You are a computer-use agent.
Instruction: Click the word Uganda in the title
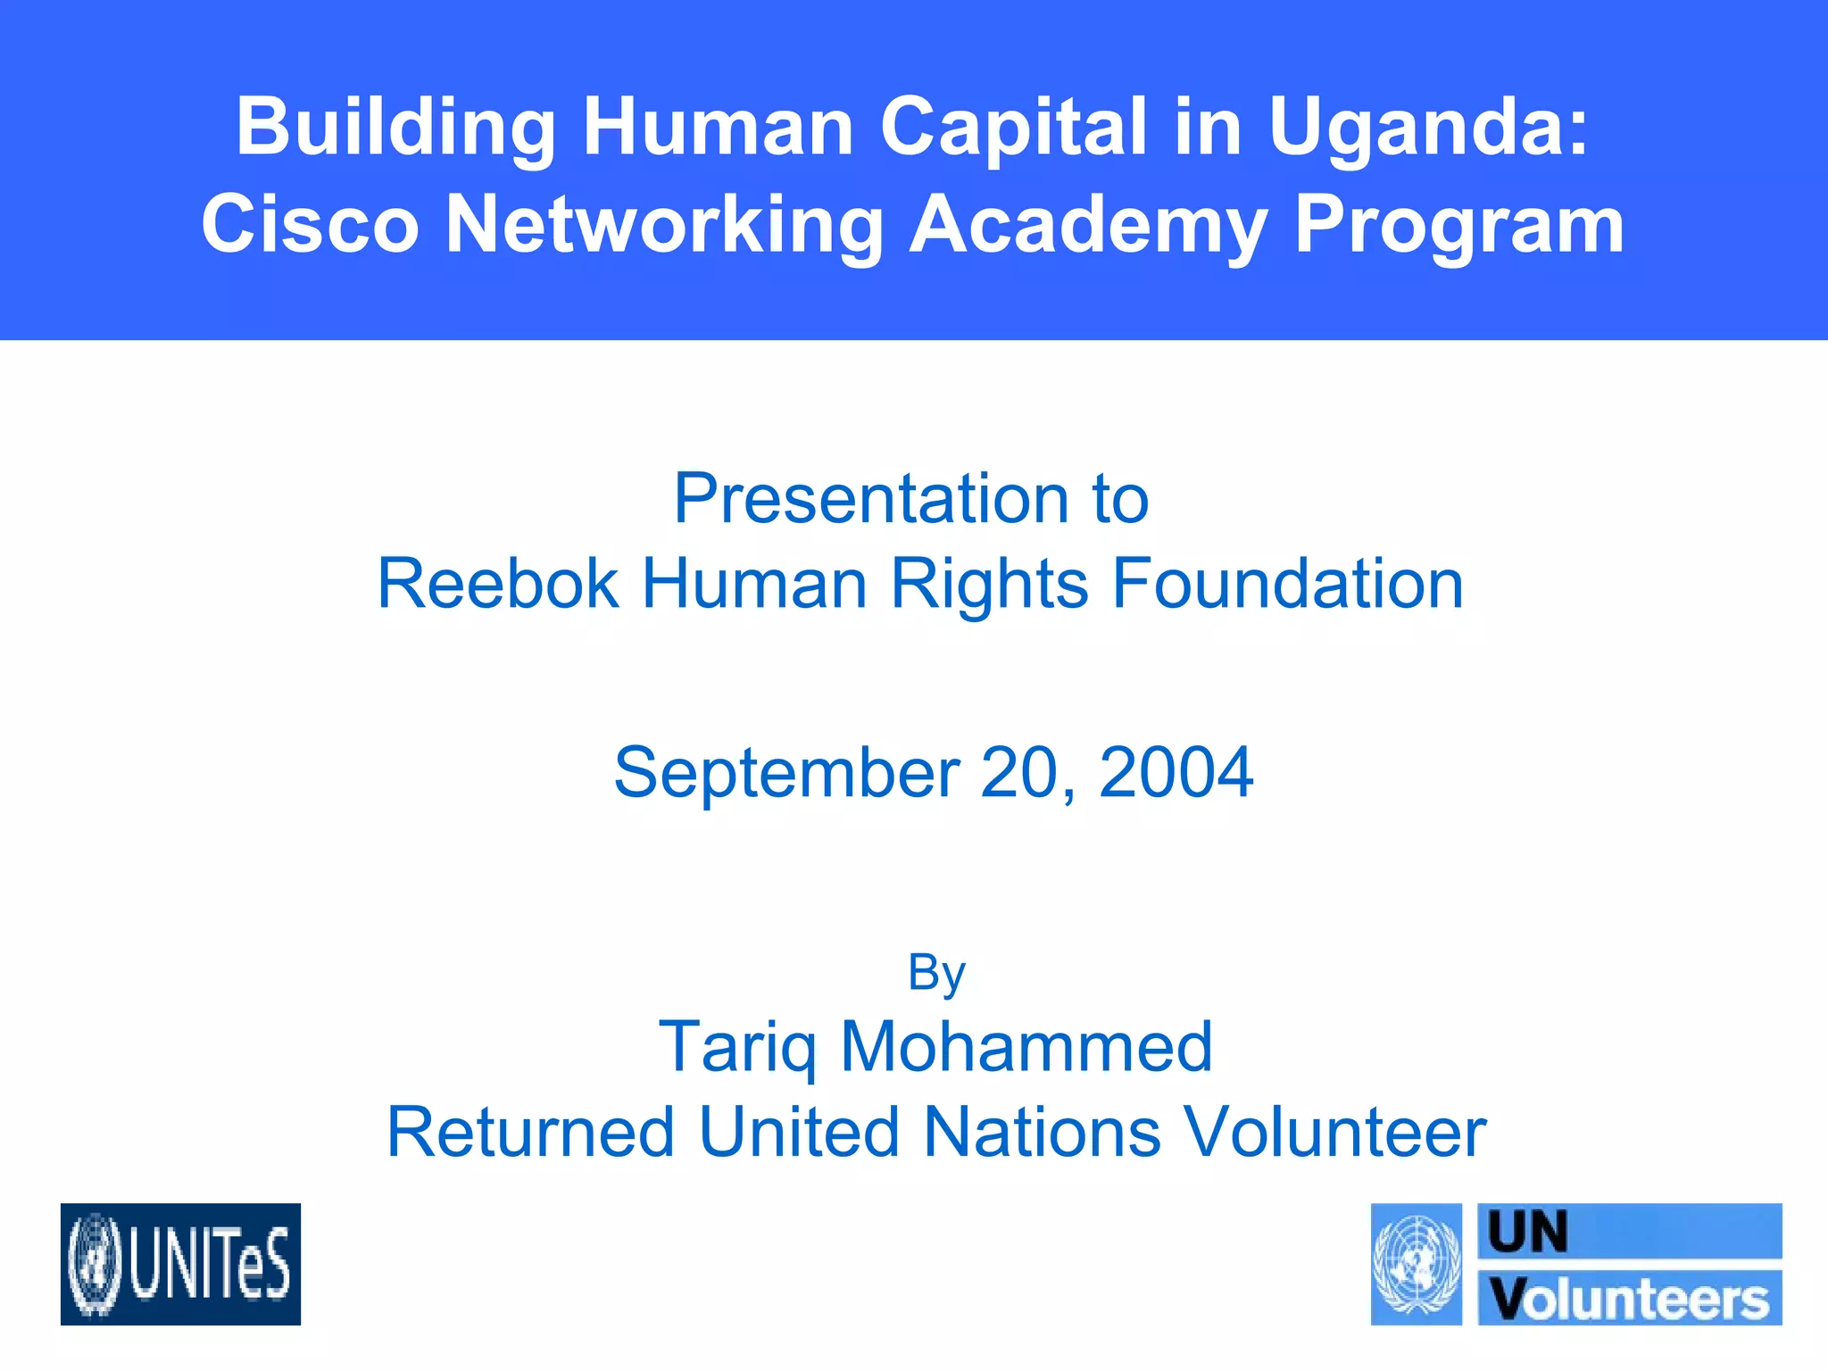pyautogui.click(x=1427, y=129)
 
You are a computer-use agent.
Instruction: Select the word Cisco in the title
pyautogui.click(x=310, y=225)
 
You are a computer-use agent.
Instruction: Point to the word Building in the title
pyautogui.click(x=395, y=129)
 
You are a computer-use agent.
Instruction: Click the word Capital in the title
pyautogui.click(x=1013, y=129)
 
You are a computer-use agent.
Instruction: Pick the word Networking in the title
pyautogui.click(x=663, y=225)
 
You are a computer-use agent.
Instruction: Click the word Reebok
pyautogui.click(x=497, y=584)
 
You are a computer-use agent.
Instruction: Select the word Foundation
pyautogui.click(x=1286, y=584)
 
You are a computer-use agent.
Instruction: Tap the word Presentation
pyautogui.click(x=870, y=498)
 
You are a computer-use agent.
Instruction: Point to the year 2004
pyautogui.click(x=1176, y=772)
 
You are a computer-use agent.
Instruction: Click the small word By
pyautogui.click(x=935, y=972)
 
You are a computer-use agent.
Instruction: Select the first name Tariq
pyautogui.click(x=737, y=1047)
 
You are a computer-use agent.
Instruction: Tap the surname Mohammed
pyautogui.click(x=1026, y=1047)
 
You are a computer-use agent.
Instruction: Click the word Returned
pyautogui.click(x=530, y=1133)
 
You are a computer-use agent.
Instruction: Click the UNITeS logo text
pyautogui.click(x=211, y=1264)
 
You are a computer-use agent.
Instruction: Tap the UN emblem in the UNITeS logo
pyautogui.click(x=95, y=1265)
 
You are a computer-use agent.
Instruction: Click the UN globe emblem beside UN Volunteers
pyautogui.click(x=1417, y=1264)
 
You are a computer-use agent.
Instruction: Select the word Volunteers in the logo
pyautogui.click(x=1630, y=1300)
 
